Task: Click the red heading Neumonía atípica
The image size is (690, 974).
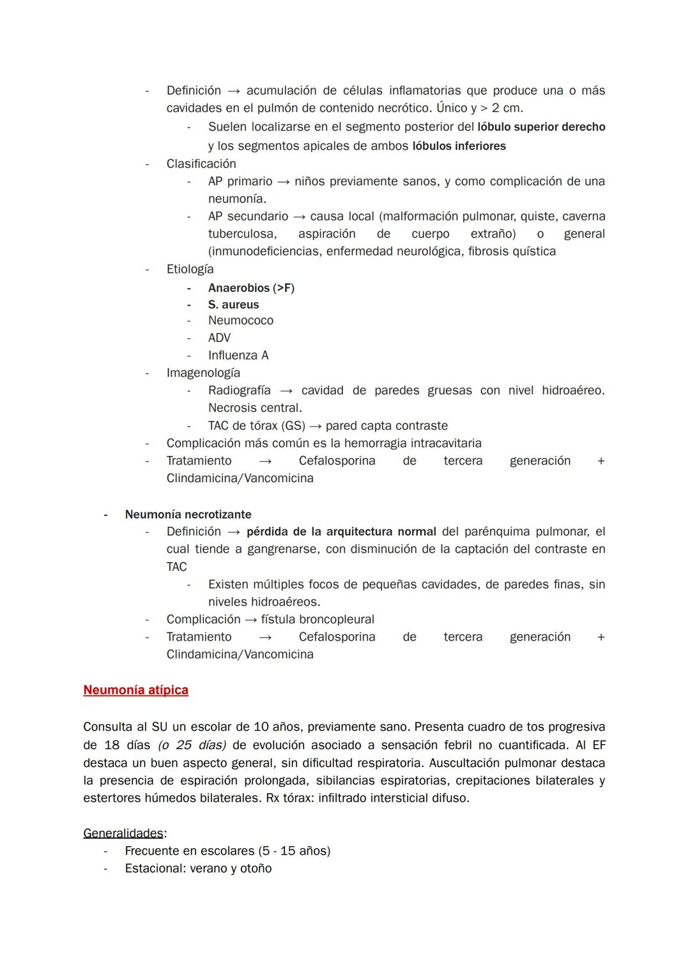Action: coord(135,690)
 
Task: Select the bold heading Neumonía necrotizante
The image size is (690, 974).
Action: coord(188,514)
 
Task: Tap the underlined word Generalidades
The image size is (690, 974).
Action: coord(123,833)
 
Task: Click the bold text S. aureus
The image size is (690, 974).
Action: coord(233,305)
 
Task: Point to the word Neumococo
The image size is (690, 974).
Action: coord(240,321)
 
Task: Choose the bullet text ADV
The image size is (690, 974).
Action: coord(219,338)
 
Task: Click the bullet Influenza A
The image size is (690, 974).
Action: coord(238,355)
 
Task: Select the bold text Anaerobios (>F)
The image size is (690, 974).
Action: coord(251,288)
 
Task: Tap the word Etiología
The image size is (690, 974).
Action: coord(190,269)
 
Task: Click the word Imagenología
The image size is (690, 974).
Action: coord(203,372)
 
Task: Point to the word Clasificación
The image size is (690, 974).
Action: coord(201,164)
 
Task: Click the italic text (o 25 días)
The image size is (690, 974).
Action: coord(192,745)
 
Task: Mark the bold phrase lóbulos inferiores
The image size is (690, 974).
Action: coord(459,146)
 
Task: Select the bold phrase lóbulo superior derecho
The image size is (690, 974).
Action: coord(541,127)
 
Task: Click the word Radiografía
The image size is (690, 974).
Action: coord(239,390)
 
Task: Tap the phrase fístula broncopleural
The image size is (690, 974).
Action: coord(318,620)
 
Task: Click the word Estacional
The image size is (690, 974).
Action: coord(154,868)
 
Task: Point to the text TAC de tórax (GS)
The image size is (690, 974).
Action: coord(256,425)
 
